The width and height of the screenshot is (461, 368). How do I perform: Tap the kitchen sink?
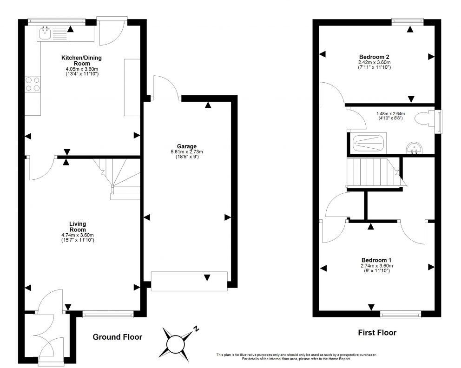click(45, 33)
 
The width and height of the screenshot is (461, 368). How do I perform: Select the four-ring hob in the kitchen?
click(33, 84)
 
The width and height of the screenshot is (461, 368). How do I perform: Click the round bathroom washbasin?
click(415, 148)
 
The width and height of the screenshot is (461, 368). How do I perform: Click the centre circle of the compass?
click(175, 344)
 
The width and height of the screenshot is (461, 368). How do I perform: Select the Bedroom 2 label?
click(374, 57)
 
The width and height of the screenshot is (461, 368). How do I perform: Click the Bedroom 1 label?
click(376, 260)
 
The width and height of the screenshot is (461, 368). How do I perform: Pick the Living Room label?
click(78, 227)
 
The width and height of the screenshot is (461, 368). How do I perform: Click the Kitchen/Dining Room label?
click(81, 60)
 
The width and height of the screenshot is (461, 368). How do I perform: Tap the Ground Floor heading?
click(117, 337)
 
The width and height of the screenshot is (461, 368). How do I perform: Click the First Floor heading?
click(377, 332)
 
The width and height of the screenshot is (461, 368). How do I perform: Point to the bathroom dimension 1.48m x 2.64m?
click(390, 114)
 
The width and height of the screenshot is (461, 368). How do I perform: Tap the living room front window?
click(108, 315)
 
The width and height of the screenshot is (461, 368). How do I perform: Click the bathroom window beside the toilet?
click(440, 122)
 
